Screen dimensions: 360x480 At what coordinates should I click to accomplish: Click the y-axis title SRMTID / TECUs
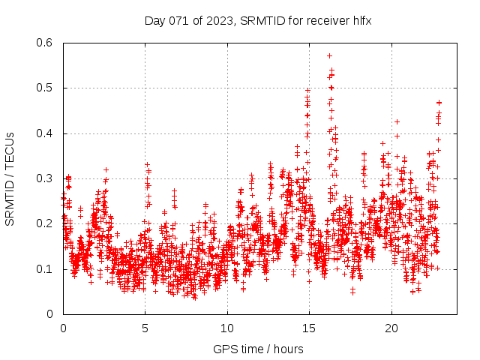(10, 178)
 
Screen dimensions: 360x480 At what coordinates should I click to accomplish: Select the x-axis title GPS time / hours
(258, 349)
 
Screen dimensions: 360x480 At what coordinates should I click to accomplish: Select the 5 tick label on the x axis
(145, 328)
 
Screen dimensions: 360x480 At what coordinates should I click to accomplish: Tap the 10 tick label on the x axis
(227, 328)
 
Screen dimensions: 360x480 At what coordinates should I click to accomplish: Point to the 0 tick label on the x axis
(63, 328)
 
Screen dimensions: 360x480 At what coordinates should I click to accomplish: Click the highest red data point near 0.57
(329, 55)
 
